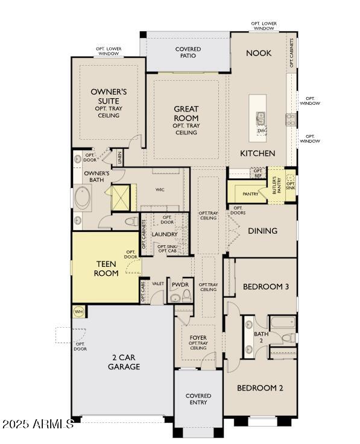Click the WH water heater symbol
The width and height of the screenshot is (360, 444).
point(78,311)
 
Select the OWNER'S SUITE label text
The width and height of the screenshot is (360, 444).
point(109,96)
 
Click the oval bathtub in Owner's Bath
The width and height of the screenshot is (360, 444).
point(82,198)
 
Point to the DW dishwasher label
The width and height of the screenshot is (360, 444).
point(261,130)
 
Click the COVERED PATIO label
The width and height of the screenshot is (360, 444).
point(188,53)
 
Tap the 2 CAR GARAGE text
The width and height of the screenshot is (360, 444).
point(124,362)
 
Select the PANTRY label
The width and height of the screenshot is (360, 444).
point(250,194)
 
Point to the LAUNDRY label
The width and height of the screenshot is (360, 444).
point(164,234)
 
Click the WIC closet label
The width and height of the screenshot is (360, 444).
point(160,190)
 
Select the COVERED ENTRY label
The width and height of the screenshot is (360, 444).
point(198,399)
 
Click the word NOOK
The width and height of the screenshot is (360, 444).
point(259,53)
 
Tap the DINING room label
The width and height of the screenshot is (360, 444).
point(262,231)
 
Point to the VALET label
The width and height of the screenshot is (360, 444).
point(158,283)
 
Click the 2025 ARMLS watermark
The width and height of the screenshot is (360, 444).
point(37,424)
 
